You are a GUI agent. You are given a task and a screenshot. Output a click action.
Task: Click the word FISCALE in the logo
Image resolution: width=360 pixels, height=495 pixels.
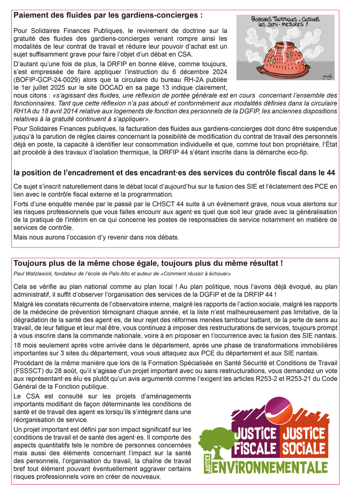[255, 449]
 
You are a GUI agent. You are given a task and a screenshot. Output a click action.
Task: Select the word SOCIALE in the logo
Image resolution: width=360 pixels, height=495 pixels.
[303, 448]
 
